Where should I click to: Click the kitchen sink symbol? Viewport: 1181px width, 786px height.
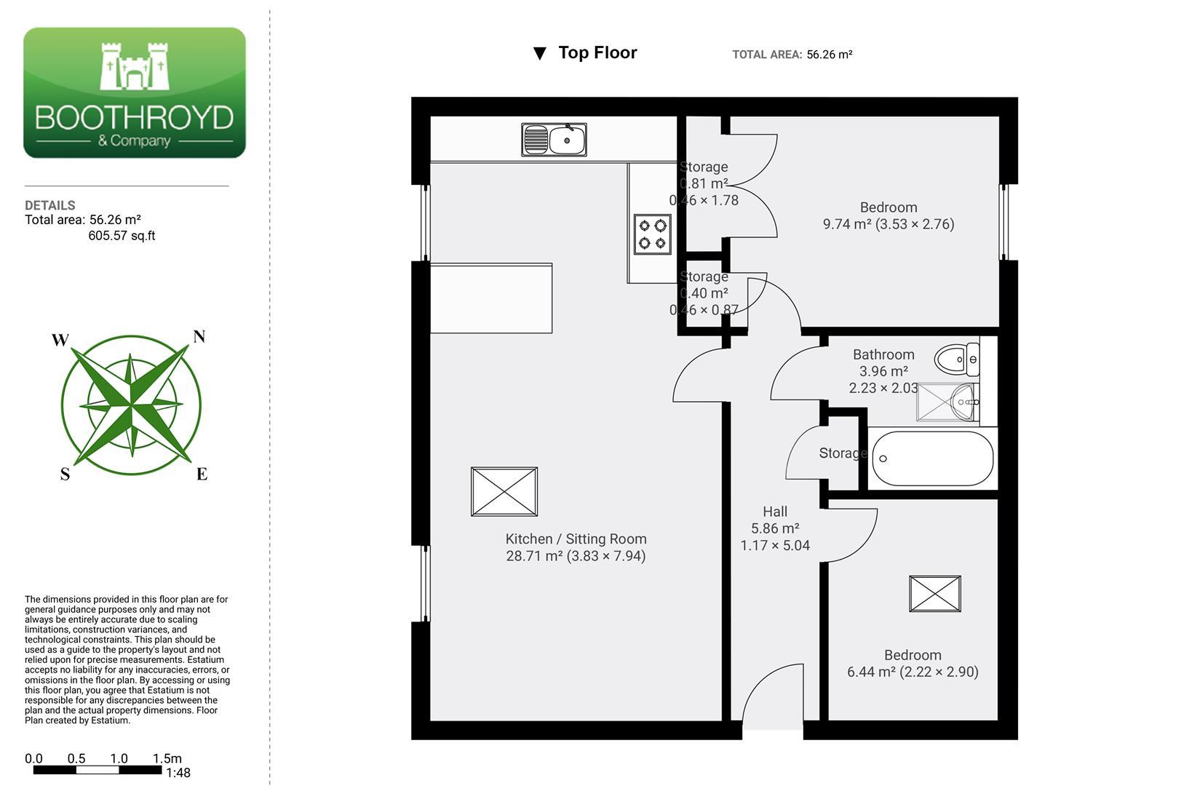554,140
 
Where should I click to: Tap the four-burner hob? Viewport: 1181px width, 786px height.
652,234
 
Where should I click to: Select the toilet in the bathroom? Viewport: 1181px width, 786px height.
956,360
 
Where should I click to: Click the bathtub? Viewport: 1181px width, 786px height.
932,458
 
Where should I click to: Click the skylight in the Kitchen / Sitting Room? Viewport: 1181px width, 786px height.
504,491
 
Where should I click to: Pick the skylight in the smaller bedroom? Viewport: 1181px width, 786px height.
935,594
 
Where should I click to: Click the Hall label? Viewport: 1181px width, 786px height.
774,512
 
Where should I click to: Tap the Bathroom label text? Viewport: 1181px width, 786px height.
883,354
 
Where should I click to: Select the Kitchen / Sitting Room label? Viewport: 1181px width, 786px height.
576,539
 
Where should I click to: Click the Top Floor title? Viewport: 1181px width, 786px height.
597,52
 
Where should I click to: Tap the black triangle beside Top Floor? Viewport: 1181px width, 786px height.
539,53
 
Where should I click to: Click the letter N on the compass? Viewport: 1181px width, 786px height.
199,336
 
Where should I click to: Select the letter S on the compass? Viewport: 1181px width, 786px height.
65,474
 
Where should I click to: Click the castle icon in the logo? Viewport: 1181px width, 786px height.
135,66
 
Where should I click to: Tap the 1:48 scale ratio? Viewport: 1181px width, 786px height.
178,773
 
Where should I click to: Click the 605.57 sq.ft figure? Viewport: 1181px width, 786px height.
122,236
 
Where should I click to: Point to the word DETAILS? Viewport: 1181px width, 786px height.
50,205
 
